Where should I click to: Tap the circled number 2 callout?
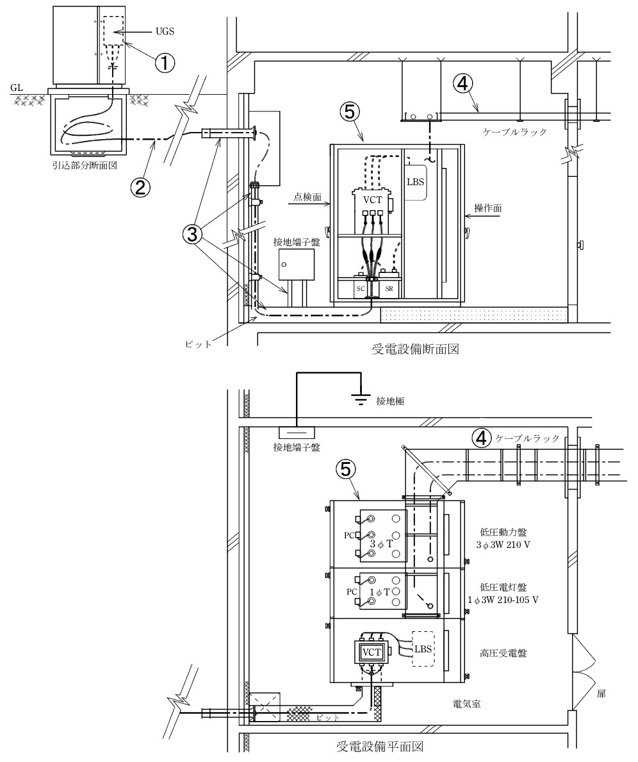click(140, 187)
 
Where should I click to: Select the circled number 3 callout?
click(192, 234)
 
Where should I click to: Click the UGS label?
click(165, 31)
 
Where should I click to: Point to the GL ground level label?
click(17, 88)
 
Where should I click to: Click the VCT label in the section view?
click(372, 200)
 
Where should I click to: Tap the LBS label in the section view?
click(416, 182)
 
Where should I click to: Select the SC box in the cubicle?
click(361, 289)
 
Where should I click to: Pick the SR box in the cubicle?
click(389, 289)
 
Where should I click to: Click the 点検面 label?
click(308, 197)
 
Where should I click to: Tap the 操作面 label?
click(488, 208)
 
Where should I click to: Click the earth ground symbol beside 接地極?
click(359, 399)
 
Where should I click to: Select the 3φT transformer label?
click(381, 544)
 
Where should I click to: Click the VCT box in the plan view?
click(372, 652)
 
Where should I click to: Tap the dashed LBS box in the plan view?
click(422, 649)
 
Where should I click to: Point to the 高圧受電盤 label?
click(503, 654)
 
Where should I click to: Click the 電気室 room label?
click(466, 703)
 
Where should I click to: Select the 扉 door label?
click(601, 694)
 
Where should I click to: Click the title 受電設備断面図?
click(416, 349)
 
